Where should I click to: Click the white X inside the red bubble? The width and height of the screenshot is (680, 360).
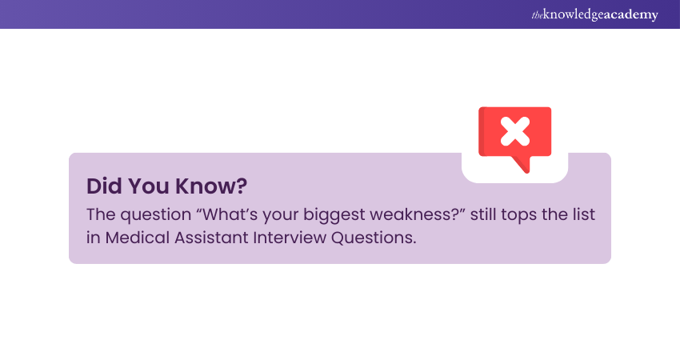(514, 131)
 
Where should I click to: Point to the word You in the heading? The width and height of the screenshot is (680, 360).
(148, 186)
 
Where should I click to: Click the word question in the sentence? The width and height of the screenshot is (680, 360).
(156, 215)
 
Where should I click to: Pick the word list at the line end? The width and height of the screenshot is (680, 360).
(584, 214)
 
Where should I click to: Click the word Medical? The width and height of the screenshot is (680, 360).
(138, 238)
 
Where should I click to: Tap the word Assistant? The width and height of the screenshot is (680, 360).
(211, 238)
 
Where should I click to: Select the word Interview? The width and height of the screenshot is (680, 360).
(290, 238)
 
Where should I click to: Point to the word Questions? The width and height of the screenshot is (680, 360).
(374, 238)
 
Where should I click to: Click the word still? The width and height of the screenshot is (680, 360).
(483, 214)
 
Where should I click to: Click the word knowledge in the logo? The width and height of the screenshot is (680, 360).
(571, 14)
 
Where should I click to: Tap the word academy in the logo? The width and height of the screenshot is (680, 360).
(630, 14)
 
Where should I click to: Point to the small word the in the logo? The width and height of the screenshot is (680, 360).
(538, 16)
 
